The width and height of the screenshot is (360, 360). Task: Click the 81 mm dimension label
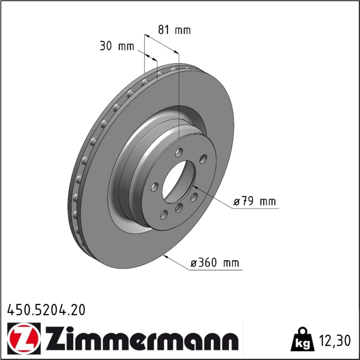coord(174,30)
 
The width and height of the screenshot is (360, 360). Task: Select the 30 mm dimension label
coord(117,46)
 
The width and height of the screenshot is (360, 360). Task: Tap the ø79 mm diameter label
coord(255,201)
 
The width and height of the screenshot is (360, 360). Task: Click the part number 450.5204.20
coord(46,310)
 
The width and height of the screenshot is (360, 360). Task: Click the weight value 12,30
coord(334,340)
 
